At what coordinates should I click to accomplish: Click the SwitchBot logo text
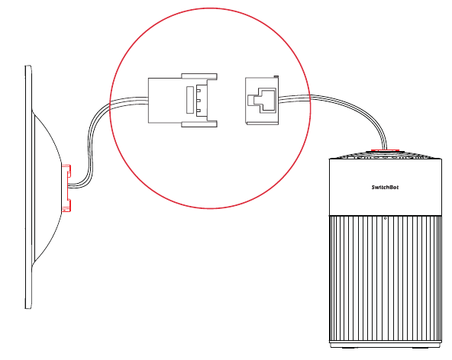[385, 187]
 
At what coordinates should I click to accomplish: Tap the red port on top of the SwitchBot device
[385, 150]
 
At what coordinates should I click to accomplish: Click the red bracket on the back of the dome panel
[66, 188]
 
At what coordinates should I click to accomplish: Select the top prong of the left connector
[199, 76]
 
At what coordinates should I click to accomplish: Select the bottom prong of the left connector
[199, 124]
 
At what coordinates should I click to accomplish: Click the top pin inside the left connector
[199, 90]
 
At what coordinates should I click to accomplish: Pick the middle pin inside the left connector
[199, 101]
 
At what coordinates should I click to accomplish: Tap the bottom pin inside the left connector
[199, 111]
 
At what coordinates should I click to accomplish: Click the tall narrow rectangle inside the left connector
[189, 100]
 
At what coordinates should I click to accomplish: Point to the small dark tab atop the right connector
[276, 76]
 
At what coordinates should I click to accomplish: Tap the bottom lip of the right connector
[262, 124]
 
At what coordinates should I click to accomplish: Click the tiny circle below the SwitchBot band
[386, 218]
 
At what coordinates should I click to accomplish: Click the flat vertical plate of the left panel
[28, 187]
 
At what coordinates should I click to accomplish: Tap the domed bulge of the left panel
[47, 187]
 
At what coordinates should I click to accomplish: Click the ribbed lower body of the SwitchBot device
[386, 278]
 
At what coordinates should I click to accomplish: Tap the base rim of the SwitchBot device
[386, 345]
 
